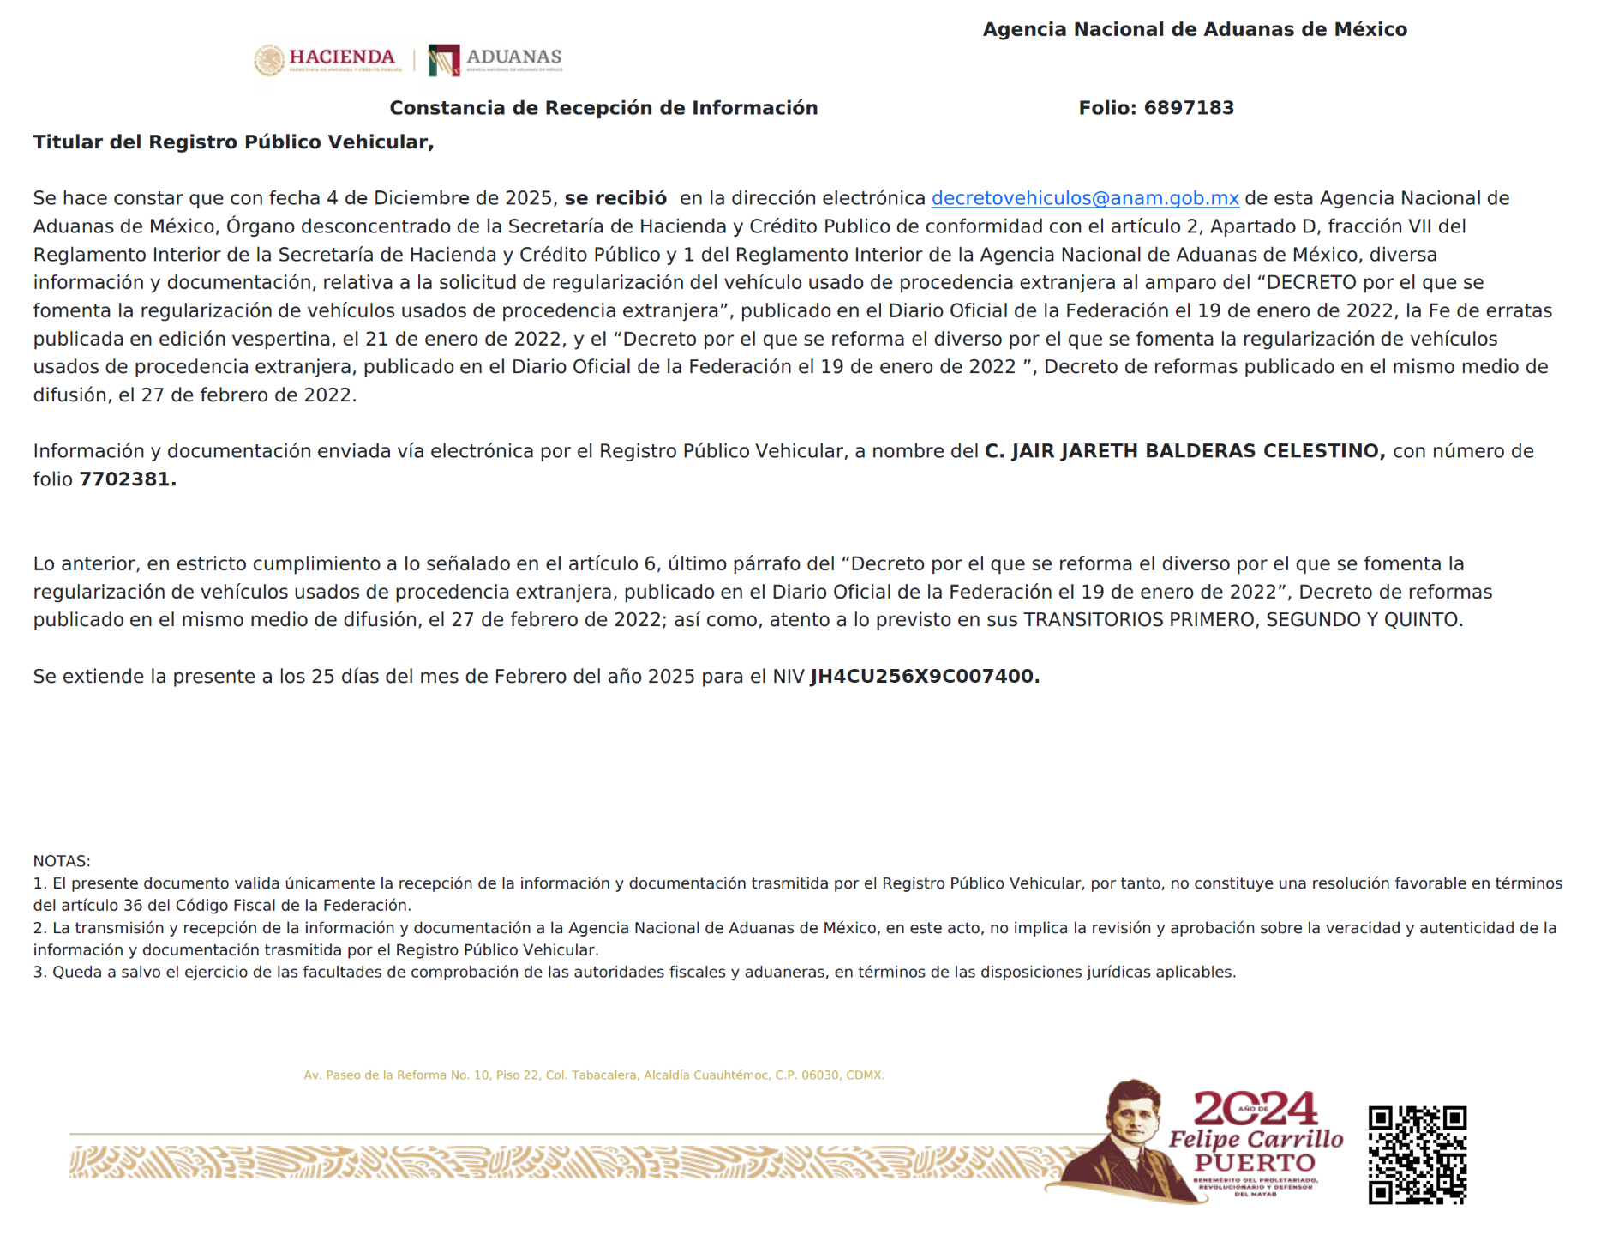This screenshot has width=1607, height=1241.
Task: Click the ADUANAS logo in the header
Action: [x=495, y=59]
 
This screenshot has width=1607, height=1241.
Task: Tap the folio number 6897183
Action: [x=1189, y=108]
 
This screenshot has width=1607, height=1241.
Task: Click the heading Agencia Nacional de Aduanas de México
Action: [x=1194, y=29]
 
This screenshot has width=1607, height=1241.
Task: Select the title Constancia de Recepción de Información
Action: [x=603, y=108]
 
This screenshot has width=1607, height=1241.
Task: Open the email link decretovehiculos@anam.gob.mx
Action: [x=1084, y=198]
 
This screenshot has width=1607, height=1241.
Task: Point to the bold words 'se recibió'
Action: [x=615, y=198]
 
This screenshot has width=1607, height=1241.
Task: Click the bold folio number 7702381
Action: [x=127, y=479]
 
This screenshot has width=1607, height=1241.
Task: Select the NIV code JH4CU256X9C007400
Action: [x=924, y=677]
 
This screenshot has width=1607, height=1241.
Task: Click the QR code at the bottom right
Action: [x=1417, y=1154]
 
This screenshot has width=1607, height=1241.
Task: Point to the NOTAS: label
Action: [x=62, y=861]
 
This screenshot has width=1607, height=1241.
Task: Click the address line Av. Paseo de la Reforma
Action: [x=593, y=1075]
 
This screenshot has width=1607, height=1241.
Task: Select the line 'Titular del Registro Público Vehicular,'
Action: [x=233, y=142]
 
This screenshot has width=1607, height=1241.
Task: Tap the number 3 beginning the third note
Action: [x=39, y=973]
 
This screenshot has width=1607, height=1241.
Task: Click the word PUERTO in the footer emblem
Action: [x=1255, y=1163]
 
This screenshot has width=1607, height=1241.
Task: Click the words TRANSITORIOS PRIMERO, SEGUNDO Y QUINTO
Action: [x=1243, y=620]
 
